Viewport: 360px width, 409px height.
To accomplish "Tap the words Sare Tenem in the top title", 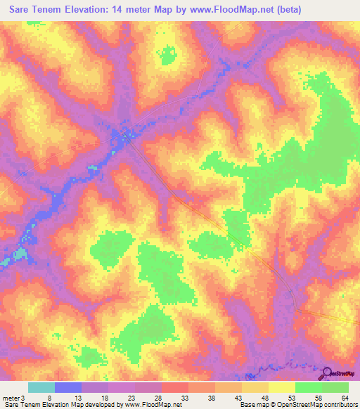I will pos(37,9).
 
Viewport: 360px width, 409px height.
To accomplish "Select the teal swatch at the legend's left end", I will pos(41,387).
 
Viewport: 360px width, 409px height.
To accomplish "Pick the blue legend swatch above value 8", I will pos(68,387).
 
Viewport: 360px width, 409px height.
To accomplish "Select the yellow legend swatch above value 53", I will pos(282,387).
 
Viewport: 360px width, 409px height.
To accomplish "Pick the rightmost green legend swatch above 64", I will pos(335,387).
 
